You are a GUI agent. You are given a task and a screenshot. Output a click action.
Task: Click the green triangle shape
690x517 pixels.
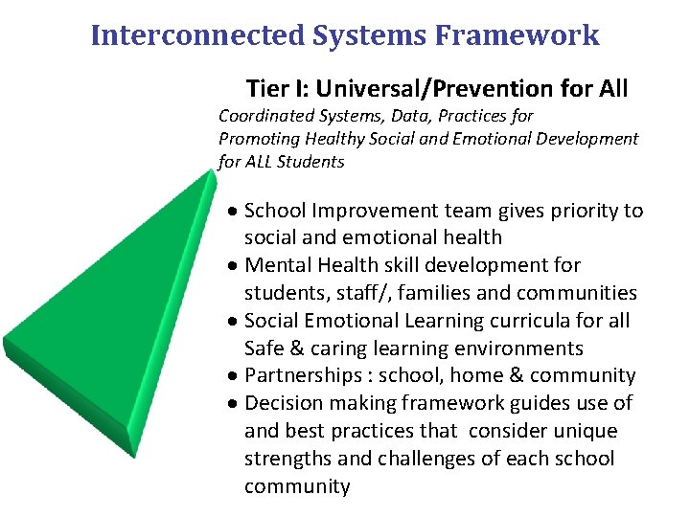pos(96,316)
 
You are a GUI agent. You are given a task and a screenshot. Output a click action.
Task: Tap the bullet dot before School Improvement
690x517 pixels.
pos(234,211)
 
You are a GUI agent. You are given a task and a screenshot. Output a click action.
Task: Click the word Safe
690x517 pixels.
pos(264,348)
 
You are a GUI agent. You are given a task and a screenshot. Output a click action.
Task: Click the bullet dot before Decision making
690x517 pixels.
pos(234,403)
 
